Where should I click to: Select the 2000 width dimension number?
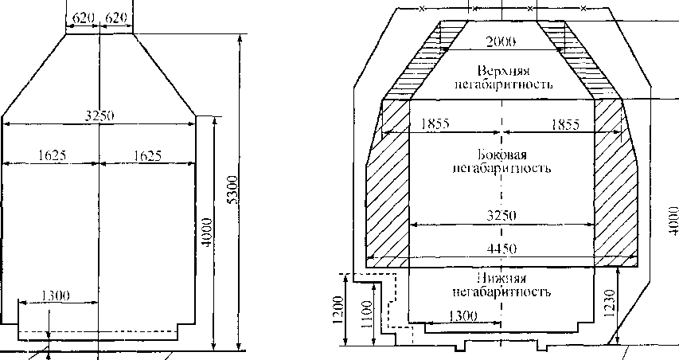[501, 42]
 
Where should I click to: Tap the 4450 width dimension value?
[501, 249]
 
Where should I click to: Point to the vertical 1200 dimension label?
[338, 310]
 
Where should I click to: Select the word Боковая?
[502, 155]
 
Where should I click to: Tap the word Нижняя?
[501, 278]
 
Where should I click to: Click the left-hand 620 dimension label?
[83, 18]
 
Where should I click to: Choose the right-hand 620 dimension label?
[116, 18]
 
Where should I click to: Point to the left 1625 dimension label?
[52, 155]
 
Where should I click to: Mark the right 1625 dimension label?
[148, 155]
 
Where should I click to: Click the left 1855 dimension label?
[435, 124]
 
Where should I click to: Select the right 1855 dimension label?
[565, 125]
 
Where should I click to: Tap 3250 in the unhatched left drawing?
[100, 115]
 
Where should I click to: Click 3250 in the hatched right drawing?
[501, 215]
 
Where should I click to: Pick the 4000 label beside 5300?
[208, 233]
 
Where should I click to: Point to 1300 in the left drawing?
[56, 295]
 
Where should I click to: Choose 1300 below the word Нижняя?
[463, 316]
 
